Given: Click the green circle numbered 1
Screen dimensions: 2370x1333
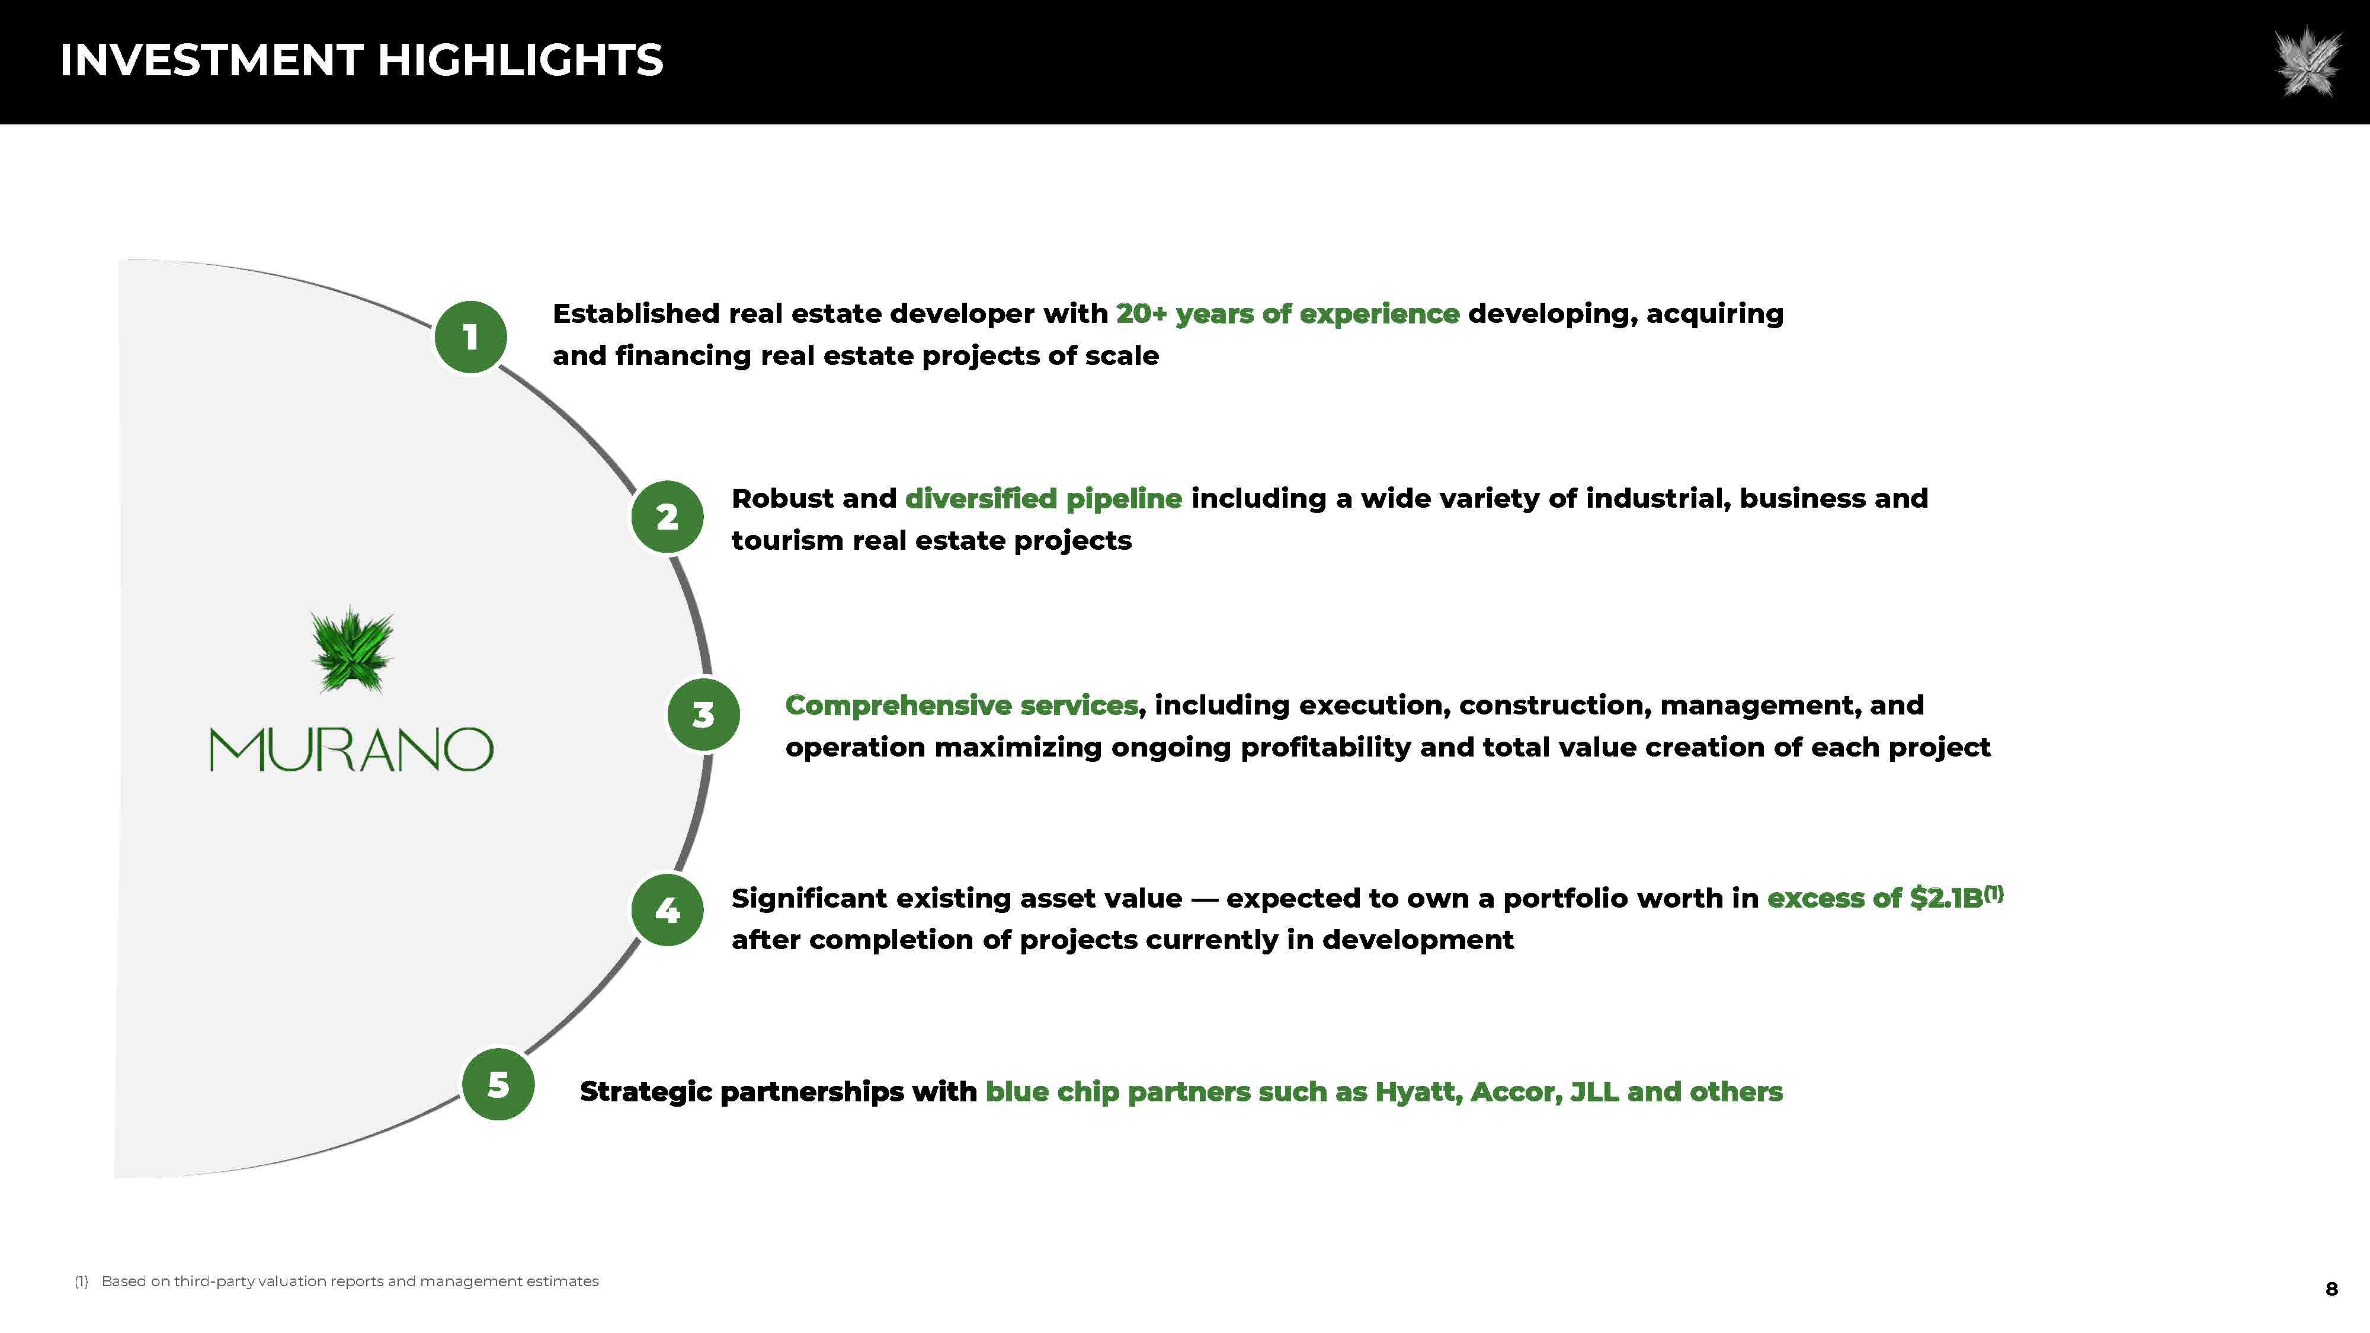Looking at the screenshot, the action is [470, 337].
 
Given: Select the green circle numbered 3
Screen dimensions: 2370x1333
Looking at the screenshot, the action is [703, 715].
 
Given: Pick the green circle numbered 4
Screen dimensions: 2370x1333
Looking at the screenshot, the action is [667, 910].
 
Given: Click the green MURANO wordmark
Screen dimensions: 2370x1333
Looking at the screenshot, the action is [351, 750].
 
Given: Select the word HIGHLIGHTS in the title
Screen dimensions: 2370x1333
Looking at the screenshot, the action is [520, 60].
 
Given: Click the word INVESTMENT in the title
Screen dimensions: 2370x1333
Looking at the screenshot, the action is [211, 60].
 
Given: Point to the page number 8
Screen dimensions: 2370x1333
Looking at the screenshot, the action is [2331, 1289].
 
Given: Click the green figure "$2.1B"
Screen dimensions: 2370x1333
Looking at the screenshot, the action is [1946, 898].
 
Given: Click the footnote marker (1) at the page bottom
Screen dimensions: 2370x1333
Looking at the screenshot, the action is [81, 1281].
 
